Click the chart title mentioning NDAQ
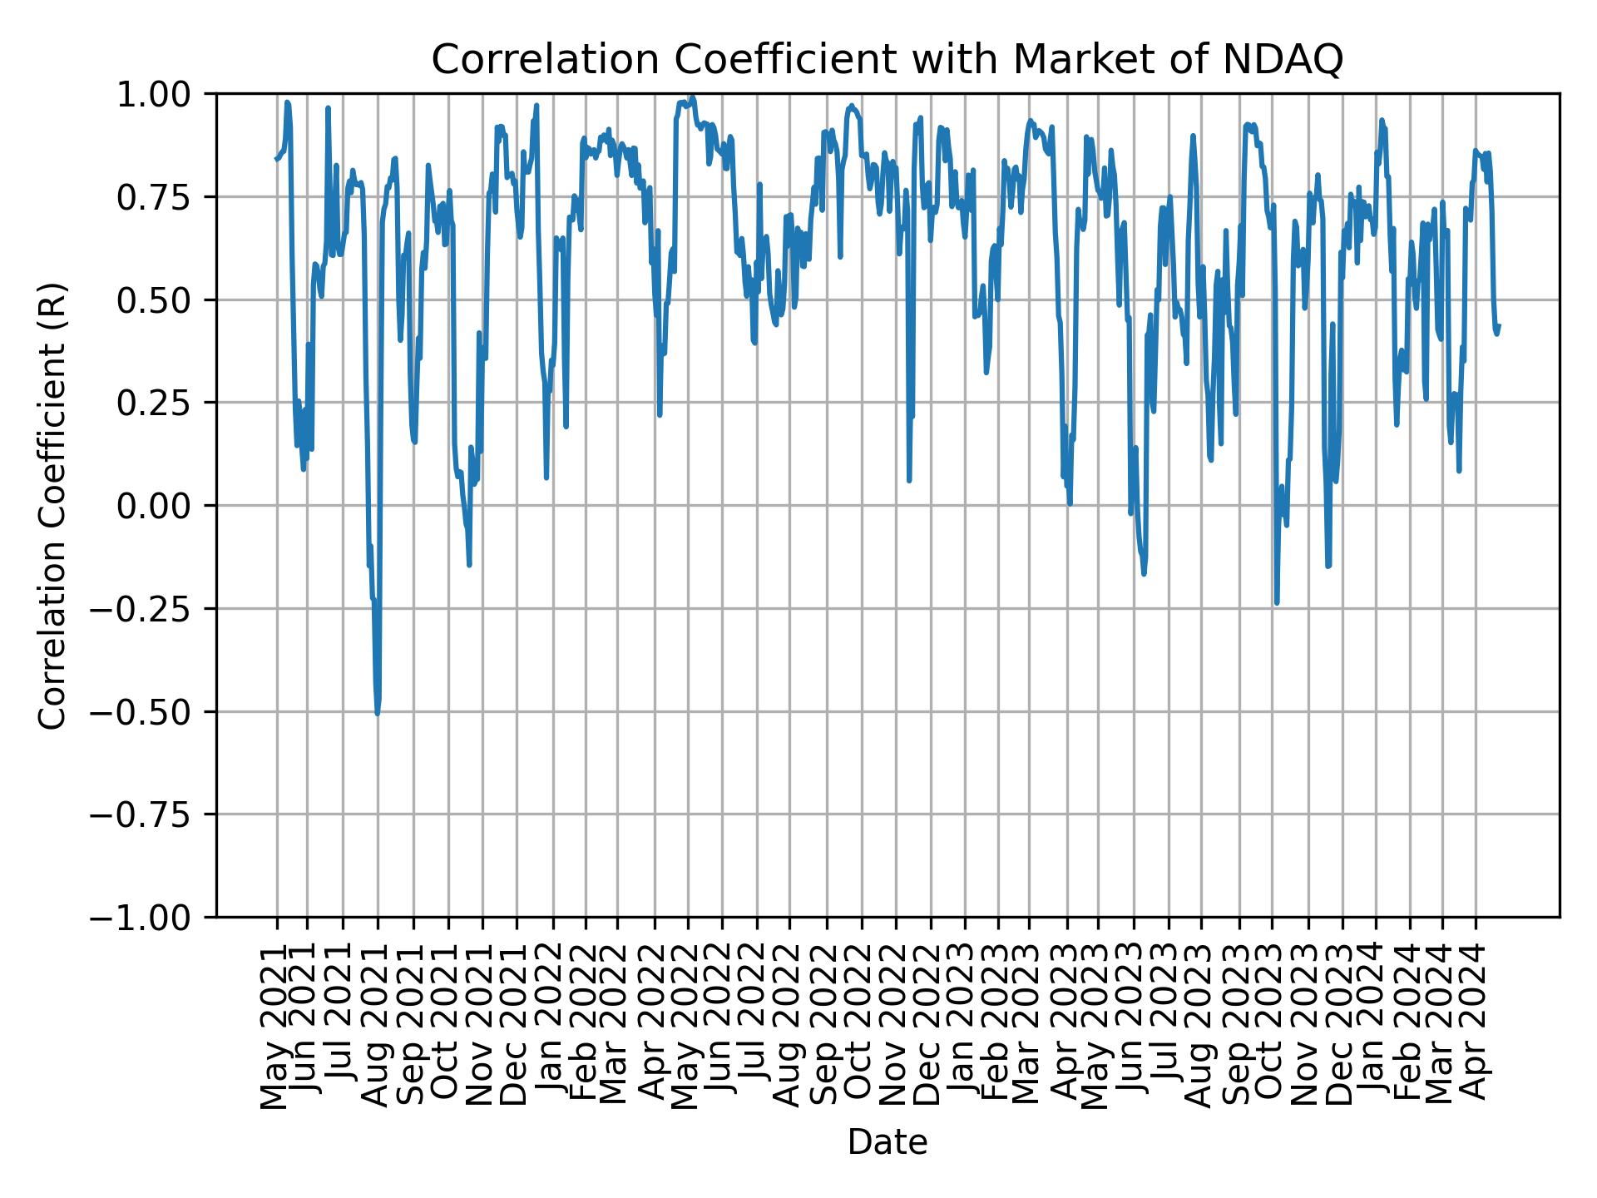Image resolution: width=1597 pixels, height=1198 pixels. pos(887,60)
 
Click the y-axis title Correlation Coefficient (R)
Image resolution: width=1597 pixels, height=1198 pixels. pos(52,505)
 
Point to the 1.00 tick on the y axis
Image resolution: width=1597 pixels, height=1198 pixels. pos(165,94)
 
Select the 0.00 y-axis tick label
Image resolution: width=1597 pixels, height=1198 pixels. pos(165,506)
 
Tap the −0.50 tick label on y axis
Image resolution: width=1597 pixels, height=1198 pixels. pos(153,711)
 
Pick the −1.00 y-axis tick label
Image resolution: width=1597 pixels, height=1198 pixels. pos(153,918)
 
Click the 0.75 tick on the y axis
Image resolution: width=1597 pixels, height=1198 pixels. pos(165,197)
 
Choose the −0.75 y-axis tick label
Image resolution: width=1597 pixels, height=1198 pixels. pos(153,814)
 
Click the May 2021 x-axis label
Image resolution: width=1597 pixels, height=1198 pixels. pos(277,1027)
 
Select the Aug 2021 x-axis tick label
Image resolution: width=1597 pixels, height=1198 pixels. pos(378,1027)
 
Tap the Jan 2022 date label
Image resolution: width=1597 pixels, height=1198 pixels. pos(551,1027)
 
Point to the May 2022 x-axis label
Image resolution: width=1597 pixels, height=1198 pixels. pos(688,1027)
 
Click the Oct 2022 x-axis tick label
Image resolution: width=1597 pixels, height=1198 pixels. pos(862,1027)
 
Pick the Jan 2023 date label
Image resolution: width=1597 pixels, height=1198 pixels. pos(965,1027)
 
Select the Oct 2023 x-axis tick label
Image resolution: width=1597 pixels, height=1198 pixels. pos(1272,1027)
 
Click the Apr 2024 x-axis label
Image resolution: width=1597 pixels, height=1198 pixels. pos(1476,1027)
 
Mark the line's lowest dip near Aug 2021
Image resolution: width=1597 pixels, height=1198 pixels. pos(378,713)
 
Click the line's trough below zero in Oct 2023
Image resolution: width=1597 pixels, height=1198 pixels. pos(1277,602)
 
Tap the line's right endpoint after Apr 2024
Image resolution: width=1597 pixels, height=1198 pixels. pos(1499,326)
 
